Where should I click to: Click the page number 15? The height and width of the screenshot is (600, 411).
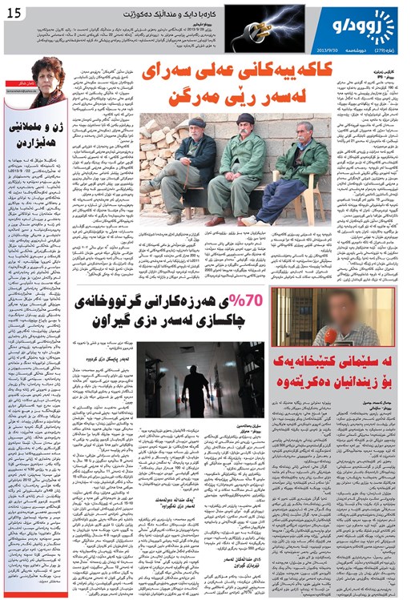(14, 11)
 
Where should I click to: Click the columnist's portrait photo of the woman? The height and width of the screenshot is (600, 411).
(48, 80)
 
